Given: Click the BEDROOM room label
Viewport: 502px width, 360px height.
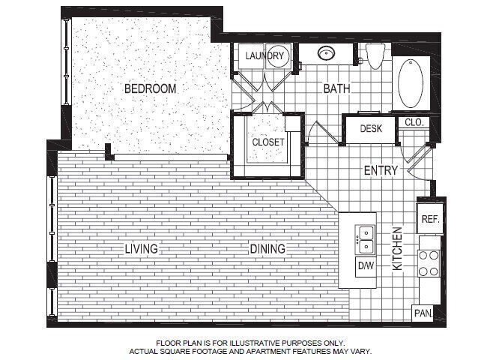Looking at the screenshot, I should coord(150,88).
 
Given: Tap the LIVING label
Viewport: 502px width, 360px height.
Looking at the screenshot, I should coord(142,249).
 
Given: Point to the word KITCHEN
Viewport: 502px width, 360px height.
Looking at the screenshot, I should coord(398,248).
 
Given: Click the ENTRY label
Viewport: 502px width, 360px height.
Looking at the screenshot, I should coord(381,170).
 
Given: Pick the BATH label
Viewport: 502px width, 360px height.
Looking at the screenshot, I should coord(336,88).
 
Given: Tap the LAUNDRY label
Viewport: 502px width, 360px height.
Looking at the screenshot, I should coord(264,55).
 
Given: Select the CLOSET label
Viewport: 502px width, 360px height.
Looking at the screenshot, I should coord(267,142).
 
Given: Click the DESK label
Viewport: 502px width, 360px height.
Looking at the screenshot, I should coord(371,128).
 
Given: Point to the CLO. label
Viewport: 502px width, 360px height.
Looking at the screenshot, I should coord(414,122).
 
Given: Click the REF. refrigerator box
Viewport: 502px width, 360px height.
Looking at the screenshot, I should coord(429,219).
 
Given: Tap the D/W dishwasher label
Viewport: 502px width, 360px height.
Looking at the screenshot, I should coord(366,265).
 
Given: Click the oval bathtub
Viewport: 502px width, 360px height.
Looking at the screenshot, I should coord(411,84).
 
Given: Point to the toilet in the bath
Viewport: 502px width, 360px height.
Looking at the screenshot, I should coord(375,55).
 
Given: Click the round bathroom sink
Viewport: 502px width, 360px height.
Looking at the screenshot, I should coord(326,53).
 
